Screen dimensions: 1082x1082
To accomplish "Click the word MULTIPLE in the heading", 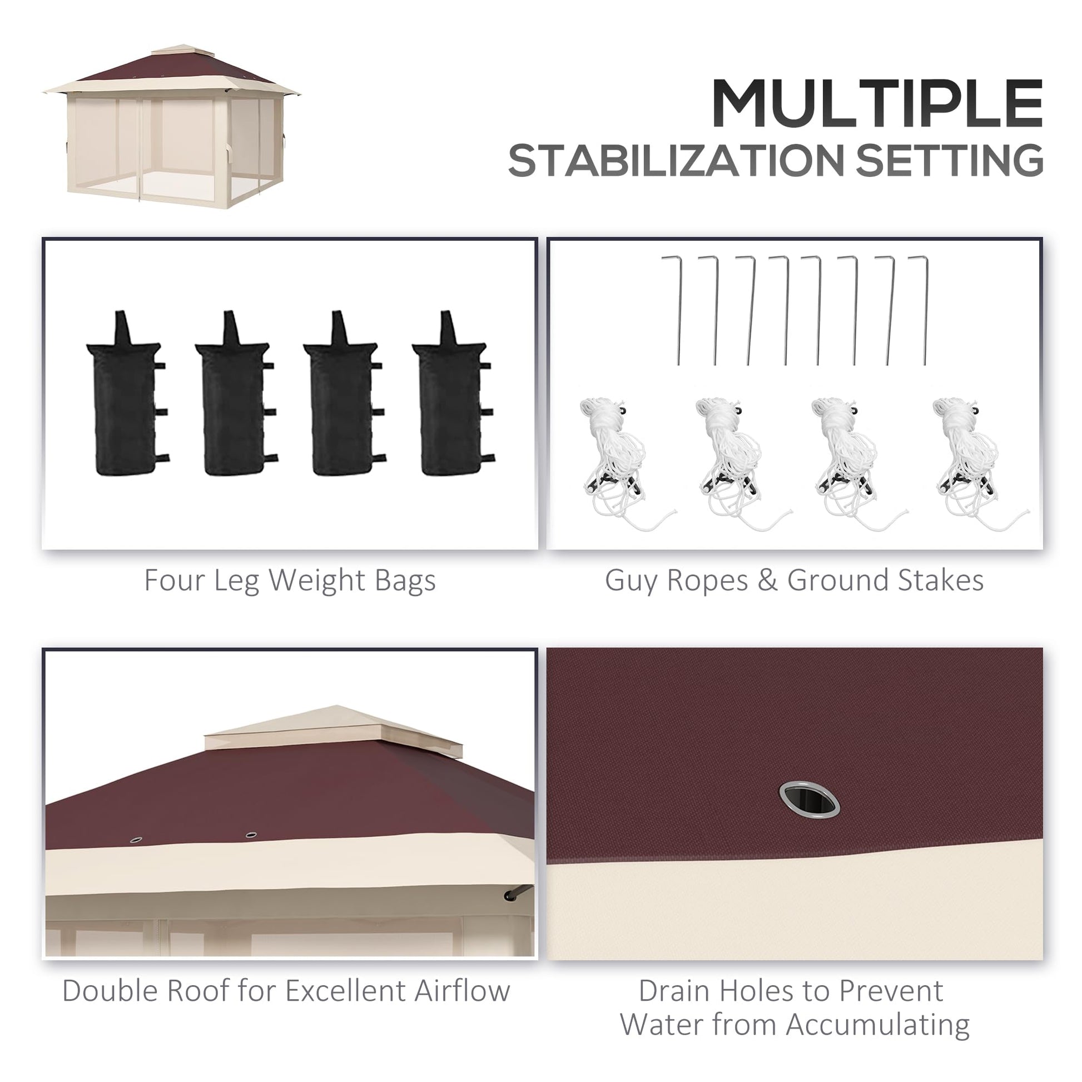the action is coord(877,103).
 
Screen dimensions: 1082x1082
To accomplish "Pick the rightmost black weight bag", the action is coord(453,394).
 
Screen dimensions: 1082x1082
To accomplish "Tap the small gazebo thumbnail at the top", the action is coord(171,128).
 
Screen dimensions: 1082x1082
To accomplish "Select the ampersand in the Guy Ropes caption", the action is coord(767,581).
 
